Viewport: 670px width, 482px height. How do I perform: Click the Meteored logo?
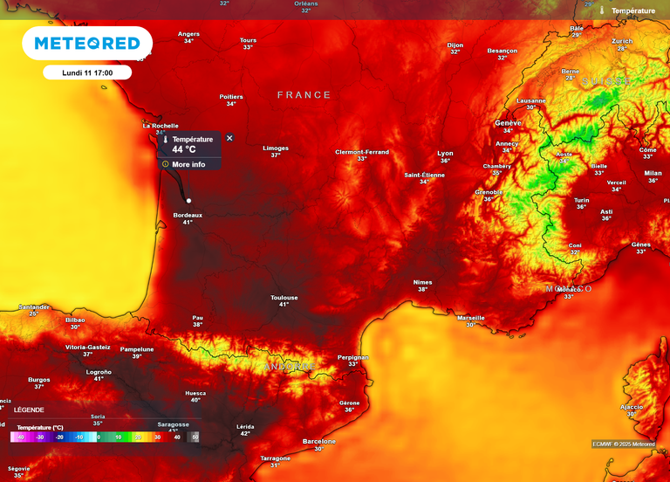87,43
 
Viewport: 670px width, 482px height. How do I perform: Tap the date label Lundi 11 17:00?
87,72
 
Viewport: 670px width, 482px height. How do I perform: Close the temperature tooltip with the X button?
229,138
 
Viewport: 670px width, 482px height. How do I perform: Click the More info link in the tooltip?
188,164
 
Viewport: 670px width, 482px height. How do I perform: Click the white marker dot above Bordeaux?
188,201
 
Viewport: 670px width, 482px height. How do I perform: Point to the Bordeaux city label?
188,215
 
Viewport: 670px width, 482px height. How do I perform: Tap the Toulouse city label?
284,298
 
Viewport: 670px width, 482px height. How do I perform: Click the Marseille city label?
470,318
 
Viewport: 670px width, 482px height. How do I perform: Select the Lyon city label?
445,153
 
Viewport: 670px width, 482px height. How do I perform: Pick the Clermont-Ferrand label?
362,152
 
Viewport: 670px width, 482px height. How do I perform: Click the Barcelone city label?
318,441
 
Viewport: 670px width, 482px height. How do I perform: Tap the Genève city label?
507,123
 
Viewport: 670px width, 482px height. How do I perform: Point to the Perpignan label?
353,357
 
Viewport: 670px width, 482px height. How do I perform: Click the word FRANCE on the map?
304,94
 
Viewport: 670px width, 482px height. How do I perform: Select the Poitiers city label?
231,96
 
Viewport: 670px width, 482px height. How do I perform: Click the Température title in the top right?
632,10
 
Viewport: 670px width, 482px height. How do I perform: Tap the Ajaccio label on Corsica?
631,407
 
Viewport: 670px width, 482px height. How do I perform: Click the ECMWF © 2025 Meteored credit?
624,444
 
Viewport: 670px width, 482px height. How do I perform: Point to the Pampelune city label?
136,349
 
